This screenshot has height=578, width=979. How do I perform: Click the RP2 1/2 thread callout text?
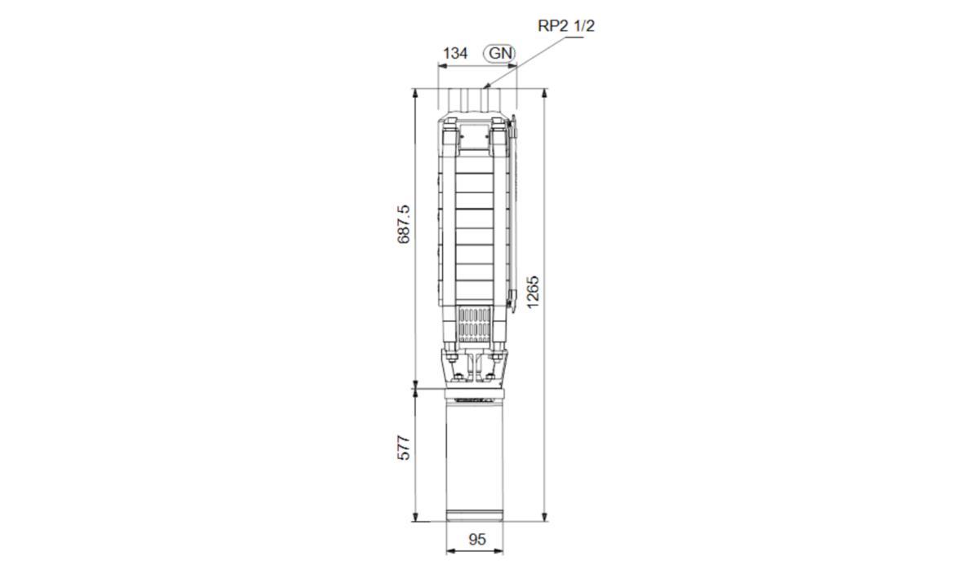pyautogui.click(x=566, y=26)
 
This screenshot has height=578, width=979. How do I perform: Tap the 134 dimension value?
pyautogui.click(x=455, y=53)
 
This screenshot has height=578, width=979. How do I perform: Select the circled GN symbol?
pyautogui.click(x=499, y=53)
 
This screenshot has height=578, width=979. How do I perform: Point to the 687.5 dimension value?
pyautogui.click(x=404, y=223)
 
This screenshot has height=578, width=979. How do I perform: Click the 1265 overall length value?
pyautogui.click(x=533, y=292)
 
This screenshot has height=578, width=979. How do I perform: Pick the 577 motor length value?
pyautogui.click(x=404, y=448)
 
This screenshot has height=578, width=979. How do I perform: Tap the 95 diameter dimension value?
pyautogui.click(x=476, y=540)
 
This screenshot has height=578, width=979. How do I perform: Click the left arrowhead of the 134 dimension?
pyautogui.click(x=442, y=66)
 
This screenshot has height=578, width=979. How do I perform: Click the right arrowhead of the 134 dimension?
pyautogui.click(x=512, y=66)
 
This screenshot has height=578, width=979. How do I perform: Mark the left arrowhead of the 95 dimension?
pyautogui.click(x=450, y=551)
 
